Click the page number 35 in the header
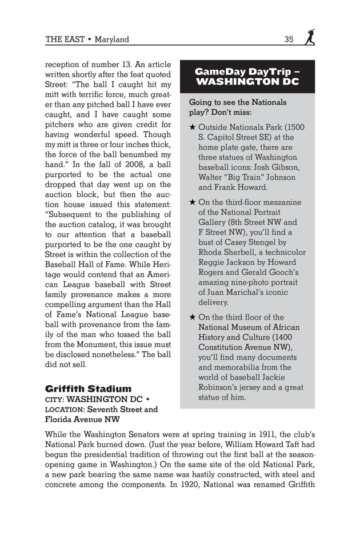pyautogui.click(x=289, y=39)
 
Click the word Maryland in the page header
pyautogui.click(x=112, y=39)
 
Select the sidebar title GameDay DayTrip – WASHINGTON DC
pyautogui.click(x=247, y=77)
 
